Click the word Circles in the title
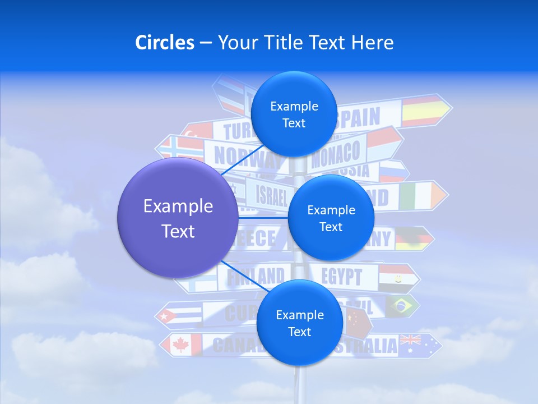point(165,43)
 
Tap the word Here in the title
point(373,43)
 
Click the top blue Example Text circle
point(294,114)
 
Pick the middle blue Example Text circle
point(331,218)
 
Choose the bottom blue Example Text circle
point(299,323)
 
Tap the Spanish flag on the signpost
point(423,111)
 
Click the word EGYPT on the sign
point(342,277)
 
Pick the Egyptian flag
point(396,276)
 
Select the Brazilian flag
point(402,306)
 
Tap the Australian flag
point(414,345)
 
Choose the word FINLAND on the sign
point(256,276)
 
